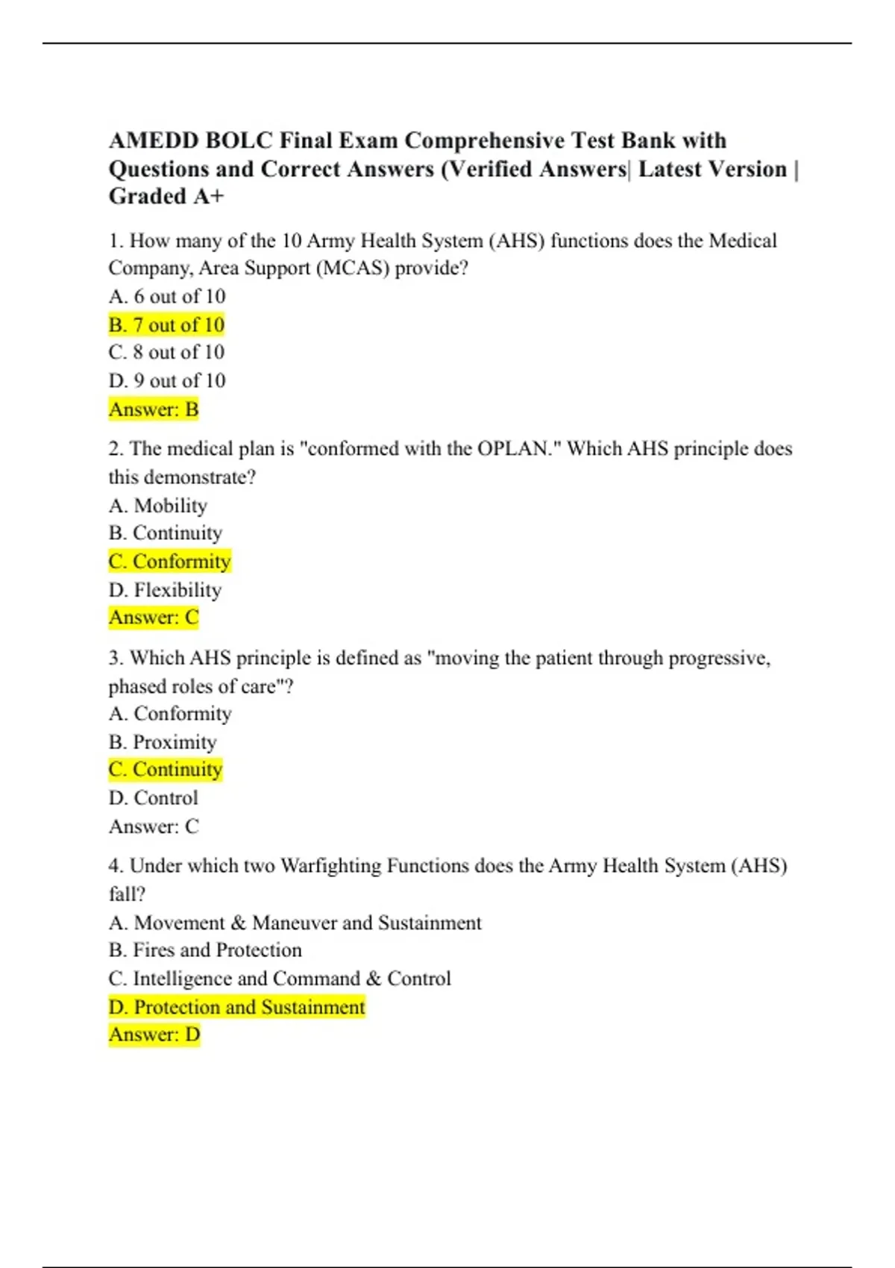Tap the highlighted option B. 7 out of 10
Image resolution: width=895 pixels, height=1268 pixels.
pyautogui.click(x=166, y=325)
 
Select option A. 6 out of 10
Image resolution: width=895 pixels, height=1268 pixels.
pyautogui.click(x=166, y=297)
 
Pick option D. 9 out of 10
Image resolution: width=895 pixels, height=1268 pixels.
pyautogui.click(x=166, y=381)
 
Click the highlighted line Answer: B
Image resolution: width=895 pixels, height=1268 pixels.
pyautogui.click(x=154, y=409)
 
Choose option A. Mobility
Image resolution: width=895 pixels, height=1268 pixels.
pyautogui.click(x=157, y=506)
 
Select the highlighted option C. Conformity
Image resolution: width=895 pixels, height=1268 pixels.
pyautogui.click(x=169, y=562)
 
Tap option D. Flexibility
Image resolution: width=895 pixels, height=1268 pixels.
pyautogui.click(x=165, y=590)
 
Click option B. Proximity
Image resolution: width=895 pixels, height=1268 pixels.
pyautogui.click(x=163, y=742)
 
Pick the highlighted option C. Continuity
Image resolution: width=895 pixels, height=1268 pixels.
pyautogui.click(x=166, y=770)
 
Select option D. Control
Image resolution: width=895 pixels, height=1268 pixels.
pyautogui.click(x=153, y=798)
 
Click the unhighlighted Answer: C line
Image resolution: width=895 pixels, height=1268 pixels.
pyautogui.click(x=154, y=826)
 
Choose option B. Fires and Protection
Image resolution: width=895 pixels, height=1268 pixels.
pyautogui.click(x=205, y=950)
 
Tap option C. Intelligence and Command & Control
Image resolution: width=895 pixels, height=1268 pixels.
pyautogui.click(x=280, y=979)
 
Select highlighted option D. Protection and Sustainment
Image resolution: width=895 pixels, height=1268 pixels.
pyautogui.click(x=236, y=1008)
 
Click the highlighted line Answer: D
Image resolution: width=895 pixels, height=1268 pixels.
pyautogui.click(x=154, y=1035)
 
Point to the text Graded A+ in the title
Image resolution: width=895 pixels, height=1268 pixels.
pyautogui.click(x=166, y=197)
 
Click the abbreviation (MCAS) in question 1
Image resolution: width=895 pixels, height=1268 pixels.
pyautogui.click(x=353, y=269)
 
